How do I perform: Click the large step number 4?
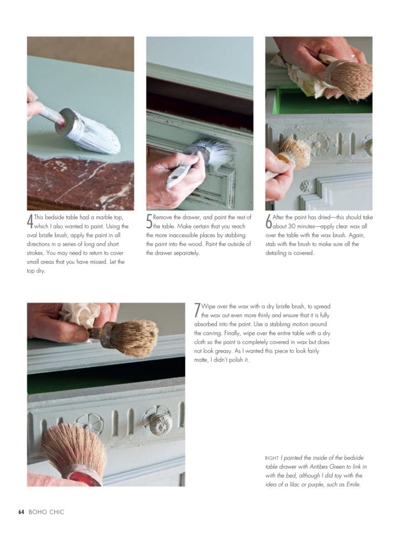click(x=30, y=222)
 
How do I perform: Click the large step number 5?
click(x=149, y=222)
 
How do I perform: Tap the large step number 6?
click(x=269, y=222)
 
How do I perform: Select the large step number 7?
click(x=197, y=311)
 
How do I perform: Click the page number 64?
click(x=21, y=512)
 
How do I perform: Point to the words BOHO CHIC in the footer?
click(x=47, y=512)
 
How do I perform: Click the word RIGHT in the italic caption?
click(x=272, y=457)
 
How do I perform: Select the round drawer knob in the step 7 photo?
click(x=160, y=423)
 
